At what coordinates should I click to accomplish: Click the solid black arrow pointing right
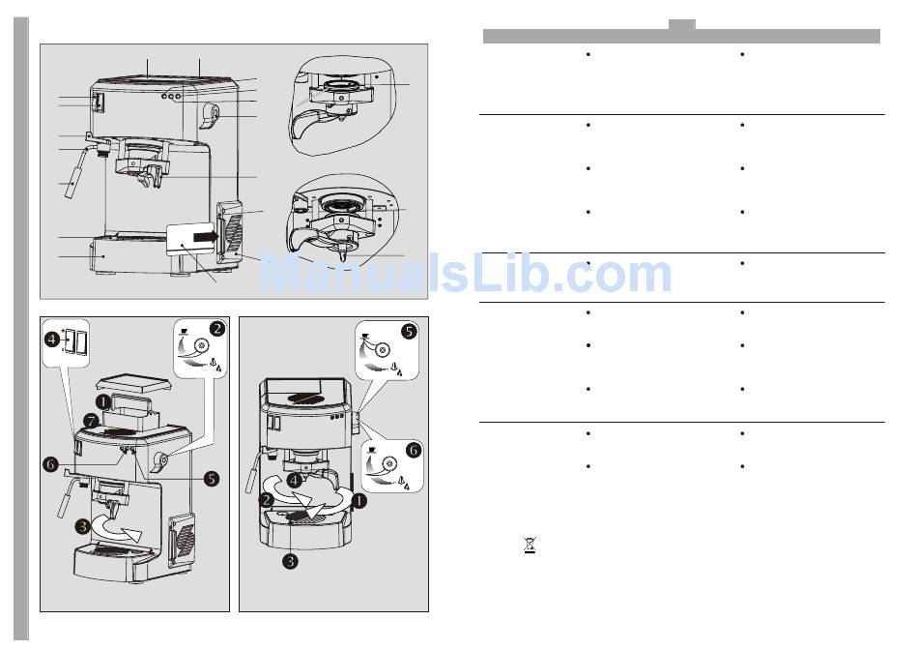[205, 236]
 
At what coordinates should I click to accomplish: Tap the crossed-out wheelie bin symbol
[530, 546]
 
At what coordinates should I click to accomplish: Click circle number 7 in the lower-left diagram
[91, 422]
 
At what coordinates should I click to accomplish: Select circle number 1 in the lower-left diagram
[103, 402]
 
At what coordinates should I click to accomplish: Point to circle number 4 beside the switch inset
[53, 339]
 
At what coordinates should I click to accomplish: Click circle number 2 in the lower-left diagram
[217, 328]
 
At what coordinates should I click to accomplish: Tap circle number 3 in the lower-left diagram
[83, 526]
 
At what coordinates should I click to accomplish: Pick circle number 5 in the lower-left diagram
[212, 478]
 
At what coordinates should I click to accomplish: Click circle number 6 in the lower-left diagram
[51, 465]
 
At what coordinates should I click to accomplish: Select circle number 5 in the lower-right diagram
[410, 332]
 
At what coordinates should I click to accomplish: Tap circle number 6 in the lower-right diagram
[414, 450]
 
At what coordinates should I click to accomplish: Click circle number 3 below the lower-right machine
[291, 562]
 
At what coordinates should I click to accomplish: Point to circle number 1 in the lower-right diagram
[359, 500]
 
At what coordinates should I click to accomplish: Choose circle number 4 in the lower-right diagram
[295, 481]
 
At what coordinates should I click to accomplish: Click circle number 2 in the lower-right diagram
[267, 500]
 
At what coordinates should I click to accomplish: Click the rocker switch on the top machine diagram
[98, 102]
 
